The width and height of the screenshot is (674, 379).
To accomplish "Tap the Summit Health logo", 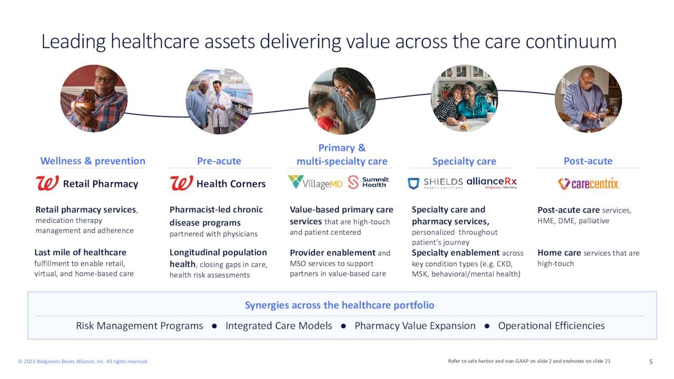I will pyautogui.click(x=368, y=182).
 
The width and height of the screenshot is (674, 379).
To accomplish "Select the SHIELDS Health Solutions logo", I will pyautogui.click(x=435, y=183).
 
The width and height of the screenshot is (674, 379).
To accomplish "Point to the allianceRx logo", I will pyautogui.click(x=491, y=183).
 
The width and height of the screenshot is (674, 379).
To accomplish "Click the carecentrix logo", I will pyautogui.click(x=588, y=184).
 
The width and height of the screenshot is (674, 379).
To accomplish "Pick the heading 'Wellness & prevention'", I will pyautogui.click(x=93, y=161).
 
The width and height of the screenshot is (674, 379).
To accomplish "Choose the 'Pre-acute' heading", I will pyautogui.click(x=219, y=161).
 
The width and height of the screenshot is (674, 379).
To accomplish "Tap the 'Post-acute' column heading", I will pyautogui.click(x=588, y=161).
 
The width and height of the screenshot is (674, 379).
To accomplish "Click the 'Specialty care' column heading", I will pyautogui.click(x=464, y=162).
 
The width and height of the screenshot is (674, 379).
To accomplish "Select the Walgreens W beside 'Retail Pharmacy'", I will pyautogui.click(x=47, y=183).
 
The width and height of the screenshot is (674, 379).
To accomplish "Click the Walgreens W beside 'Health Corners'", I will pyautogui.click(x=181, y=183).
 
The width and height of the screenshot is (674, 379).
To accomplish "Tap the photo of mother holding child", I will pyautogui.click(x=342, y=101).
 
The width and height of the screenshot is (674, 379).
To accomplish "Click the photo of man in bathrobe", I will pyautogui.click(x=588, y=99).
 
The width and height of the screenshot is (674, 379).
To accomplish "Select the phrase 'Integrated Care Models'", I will pyautogui.click(x=279, y=326).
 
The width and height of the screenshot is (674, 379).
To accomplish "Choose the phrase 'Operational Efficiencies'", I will pyautogui.click(x=551, y=326).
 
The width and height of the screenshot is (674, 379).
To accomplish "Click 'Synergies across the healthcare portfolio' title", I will pyautogui.click(x=340, y=305).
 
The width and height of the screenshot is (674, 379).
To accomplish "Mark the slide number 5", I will pyautogui.click(x=651, y=362).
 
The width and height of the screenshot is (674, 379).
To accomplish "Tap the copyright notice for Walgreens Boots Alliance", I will pyautogui.click(x=83, y=362).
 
